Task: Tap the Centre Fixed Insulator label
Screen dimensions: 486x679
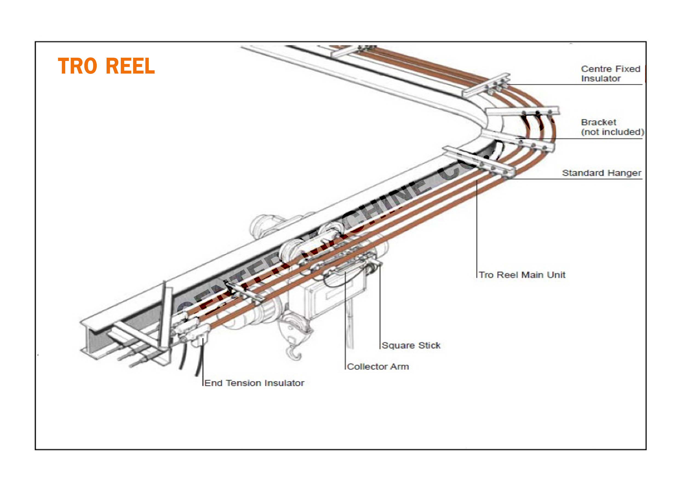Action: [x=610, y=74]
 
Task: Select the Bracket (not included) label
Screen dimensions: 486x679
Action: [x=612, y=127]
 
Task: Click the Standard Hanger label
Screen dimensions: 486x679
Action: [x=601, y=173]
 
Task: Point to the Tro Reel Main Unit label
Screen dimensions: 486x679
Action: [x=522, y=275]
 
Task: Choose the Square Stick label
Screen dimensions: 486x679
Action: [x=411, y=345]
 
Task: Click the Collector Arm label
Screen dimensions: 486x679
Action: [x=378, y=366]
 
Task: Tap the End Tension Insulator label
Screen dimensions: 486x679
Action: [x=254, y=383]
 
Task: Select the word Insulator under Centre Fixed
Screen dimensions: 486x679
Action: [x=601, y=78]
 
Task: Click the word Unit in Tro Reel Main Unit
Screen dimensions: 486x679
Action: [x=557, y=275]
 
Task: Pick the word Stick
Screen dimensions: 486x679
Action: [x=429, y=345]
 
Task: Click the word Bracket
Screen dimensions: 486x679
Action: [x=598, y=122]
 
